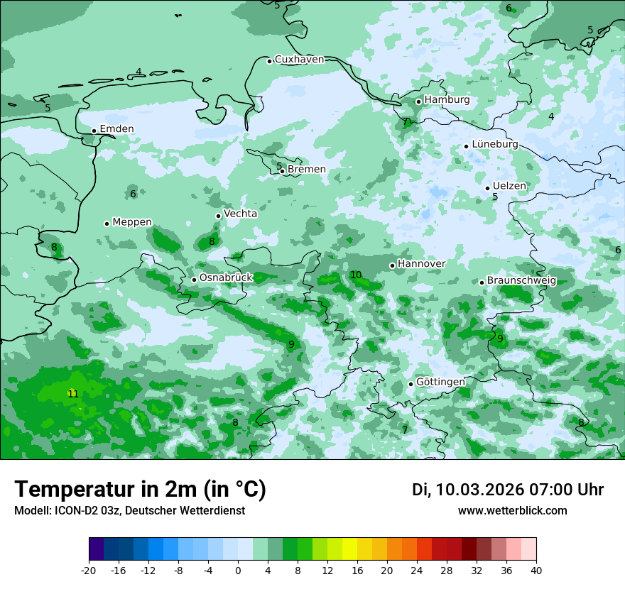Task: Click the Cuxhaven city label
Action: (299, 60)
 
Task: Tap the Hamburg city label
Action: (447, 100)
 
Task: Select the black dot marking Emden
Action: (94, 131)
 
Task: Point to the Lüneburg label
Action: (495, 144)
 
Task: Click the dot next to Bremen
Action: (282, 170)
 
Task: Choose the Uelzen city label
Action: (509, 186)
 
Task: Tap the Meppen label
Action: (132, 222)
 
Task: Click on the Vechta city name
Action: (240, 214)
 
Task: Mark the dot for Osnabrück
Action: (194, 280)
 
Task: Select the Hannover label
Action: (421, 264)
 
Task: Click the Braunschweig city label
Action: (521, 281)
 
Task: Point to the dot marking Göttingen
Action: (411, 384)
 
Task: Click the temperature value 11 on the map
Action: (72, 393)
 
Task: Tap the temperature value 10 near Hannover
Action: (356, 275)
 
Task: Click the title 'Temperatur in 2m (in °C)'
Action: (140, 490)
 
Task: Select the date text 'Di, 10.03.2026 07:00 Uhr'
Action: (508, 490)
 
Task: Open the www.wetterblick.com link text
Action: (512, 511)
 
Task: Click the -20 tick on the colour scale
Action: (89, 571)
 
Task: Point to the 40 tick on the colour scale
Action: (536, 571)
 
